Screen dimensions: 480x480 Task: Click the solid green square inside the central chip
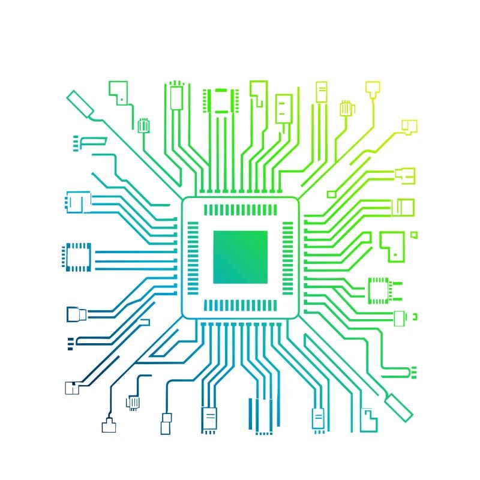[x=240, y=257]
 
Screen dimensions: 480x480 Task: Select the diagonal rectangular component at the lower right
[x=399, y=406]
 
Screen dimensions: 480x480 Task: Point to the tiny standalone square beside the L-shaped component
[x=413, y=235]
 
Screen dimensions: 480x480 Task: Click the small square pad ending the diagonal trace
[x=331, y=194]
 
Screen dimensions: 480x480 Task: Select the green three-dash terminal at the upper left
[x=76, y=143]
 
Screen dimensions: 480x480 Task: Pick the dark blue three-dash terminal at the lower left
[x=70, y=343]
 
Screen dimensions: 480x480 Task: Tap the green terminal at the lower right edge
[x=413, y=372]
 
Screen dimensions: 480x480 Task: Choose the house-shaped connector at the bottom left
[x=109, y=425]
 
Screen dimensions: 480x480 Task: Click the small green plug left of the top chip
[x=143, y=125]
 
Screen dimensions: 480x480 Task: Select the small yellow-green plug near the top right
[x=347, y=109]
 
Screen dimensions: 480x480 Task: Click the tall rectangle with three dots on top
[x=176, y=97]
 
